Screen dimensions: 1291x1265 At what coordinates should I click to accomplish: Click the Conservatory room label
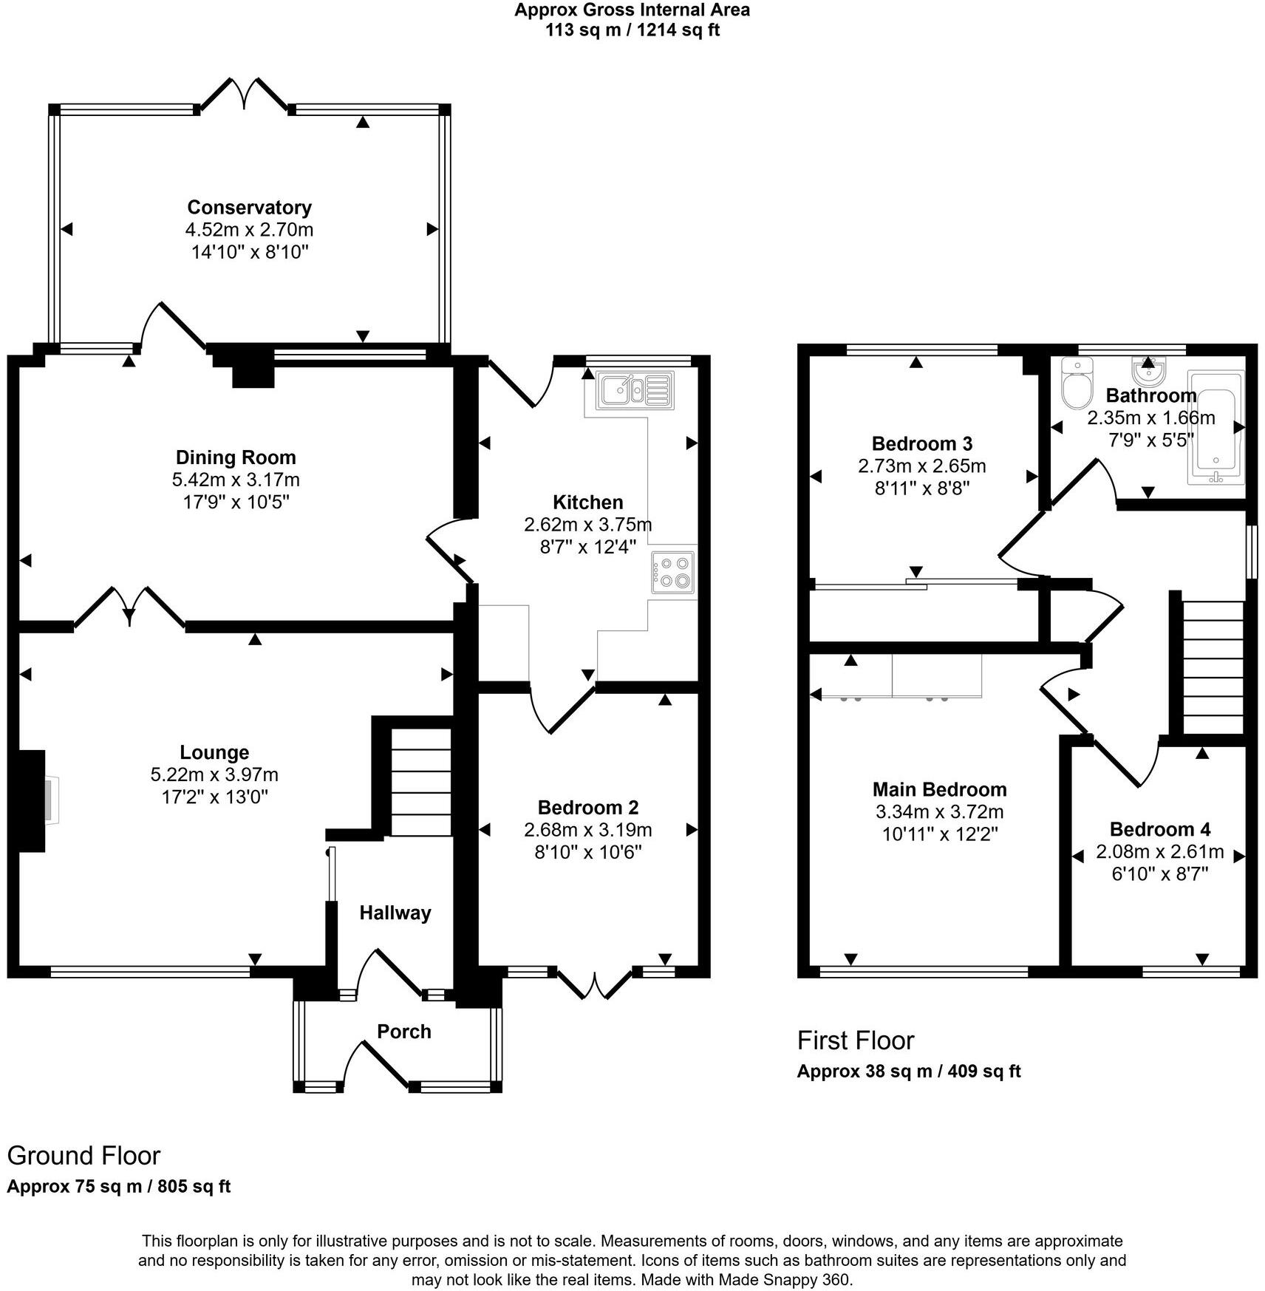[x=249, y=208]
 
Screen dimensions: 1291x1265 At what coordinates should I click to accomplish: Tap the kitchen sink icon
[x=636, y=391]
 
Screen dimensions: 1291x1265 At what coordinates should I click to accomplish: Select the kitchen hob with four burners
[x=673, y=572]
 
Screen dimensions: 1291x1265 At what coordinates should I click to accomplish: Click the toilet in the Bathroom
[x=1075, y=382]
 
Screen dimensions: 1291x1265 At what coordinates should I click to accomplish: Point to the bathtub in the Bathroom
[x=1215, y=429]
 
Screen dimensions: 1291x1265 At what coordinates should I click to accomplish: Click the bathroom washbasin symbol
[x=1148, y=367]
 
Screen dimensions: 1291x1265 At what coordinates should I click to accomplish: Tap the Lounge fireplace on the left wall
[x=33, y=800]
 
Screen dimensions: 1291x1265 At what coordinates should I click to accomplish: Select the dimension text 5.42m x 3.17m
[x=236, y=480]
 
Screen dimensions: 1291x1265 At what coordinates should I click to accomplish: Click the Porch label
[x=403, y=1032]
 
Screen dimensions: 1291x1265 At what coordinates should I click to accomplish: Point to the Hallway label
[x=395, y=913]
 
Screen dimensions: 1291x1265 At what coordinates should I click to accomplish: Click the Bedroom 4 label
[x=1159, y=829]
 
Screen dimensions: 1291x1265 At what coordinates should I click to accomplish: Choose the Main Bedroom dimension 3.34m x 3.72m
[x=939, y=812]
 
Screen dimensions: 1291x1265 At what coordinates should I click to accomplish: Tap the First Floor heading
[x=856, y=1040]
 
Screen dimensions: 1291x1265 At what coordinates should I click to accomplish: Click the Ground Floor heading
[x=83, y=1155]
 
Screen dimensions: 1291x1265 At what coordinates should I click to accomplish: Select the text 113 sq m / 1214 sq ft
[x=632, y=30]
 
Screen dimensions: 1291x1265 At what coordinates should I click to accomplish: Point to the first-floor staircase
[x=1213, y=668]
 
